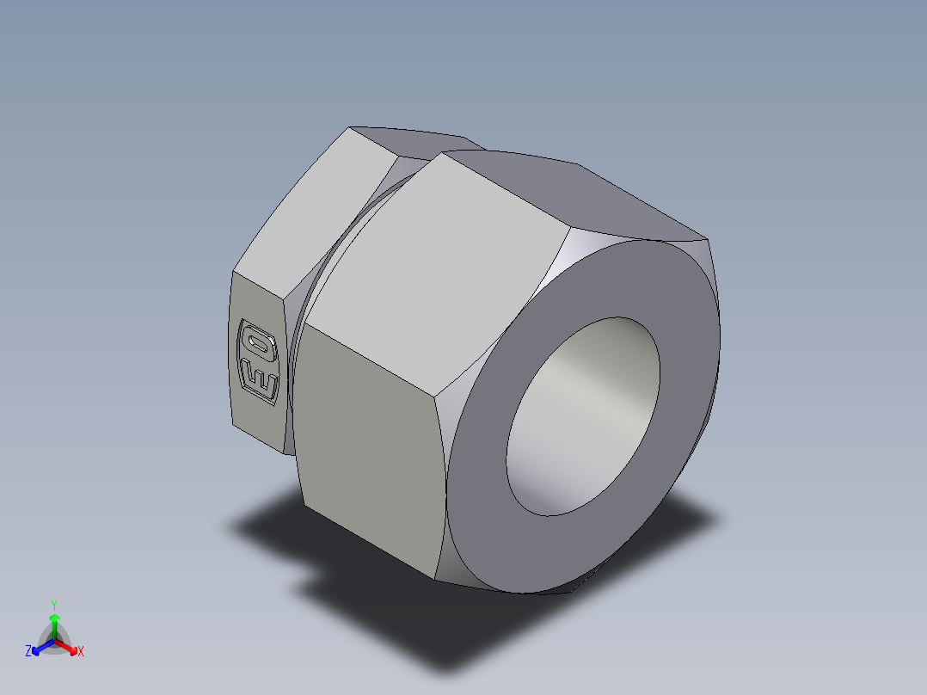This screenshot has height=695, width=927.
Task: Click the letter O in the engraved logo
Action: pyautogui.click(x=258, y=345)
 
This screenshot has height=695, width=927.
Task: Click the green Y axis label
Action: pyautogui.click(x=53, y=605)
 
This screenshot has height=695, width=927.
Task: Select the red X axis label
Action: pyautogui.click(x=81, y=652)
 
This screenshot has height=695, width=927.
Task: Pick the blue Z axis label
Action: pyautogui.click(x=28, y=652)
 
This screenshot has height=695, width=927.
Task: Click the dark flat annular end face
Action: pyautogui.click(x=679, y=361)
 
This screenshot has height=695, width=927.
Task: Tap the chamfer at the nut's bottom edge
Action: pyautogui.click(x=482, y=585)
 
